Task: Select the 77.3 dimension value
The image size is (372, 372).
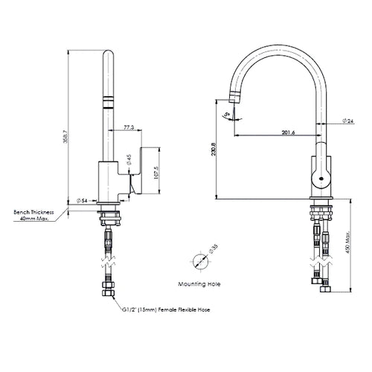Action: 129,128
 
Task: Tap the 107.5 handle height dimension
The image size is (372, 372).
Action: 155,172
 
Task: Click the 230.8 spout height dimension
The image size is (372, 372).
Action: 214,151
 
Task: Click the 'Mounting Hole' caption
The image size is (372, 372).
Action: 199,284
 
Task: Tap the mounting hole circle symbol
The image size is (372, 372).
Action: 199,262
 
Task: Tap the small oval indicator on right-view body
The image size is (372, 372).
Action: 320,178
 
